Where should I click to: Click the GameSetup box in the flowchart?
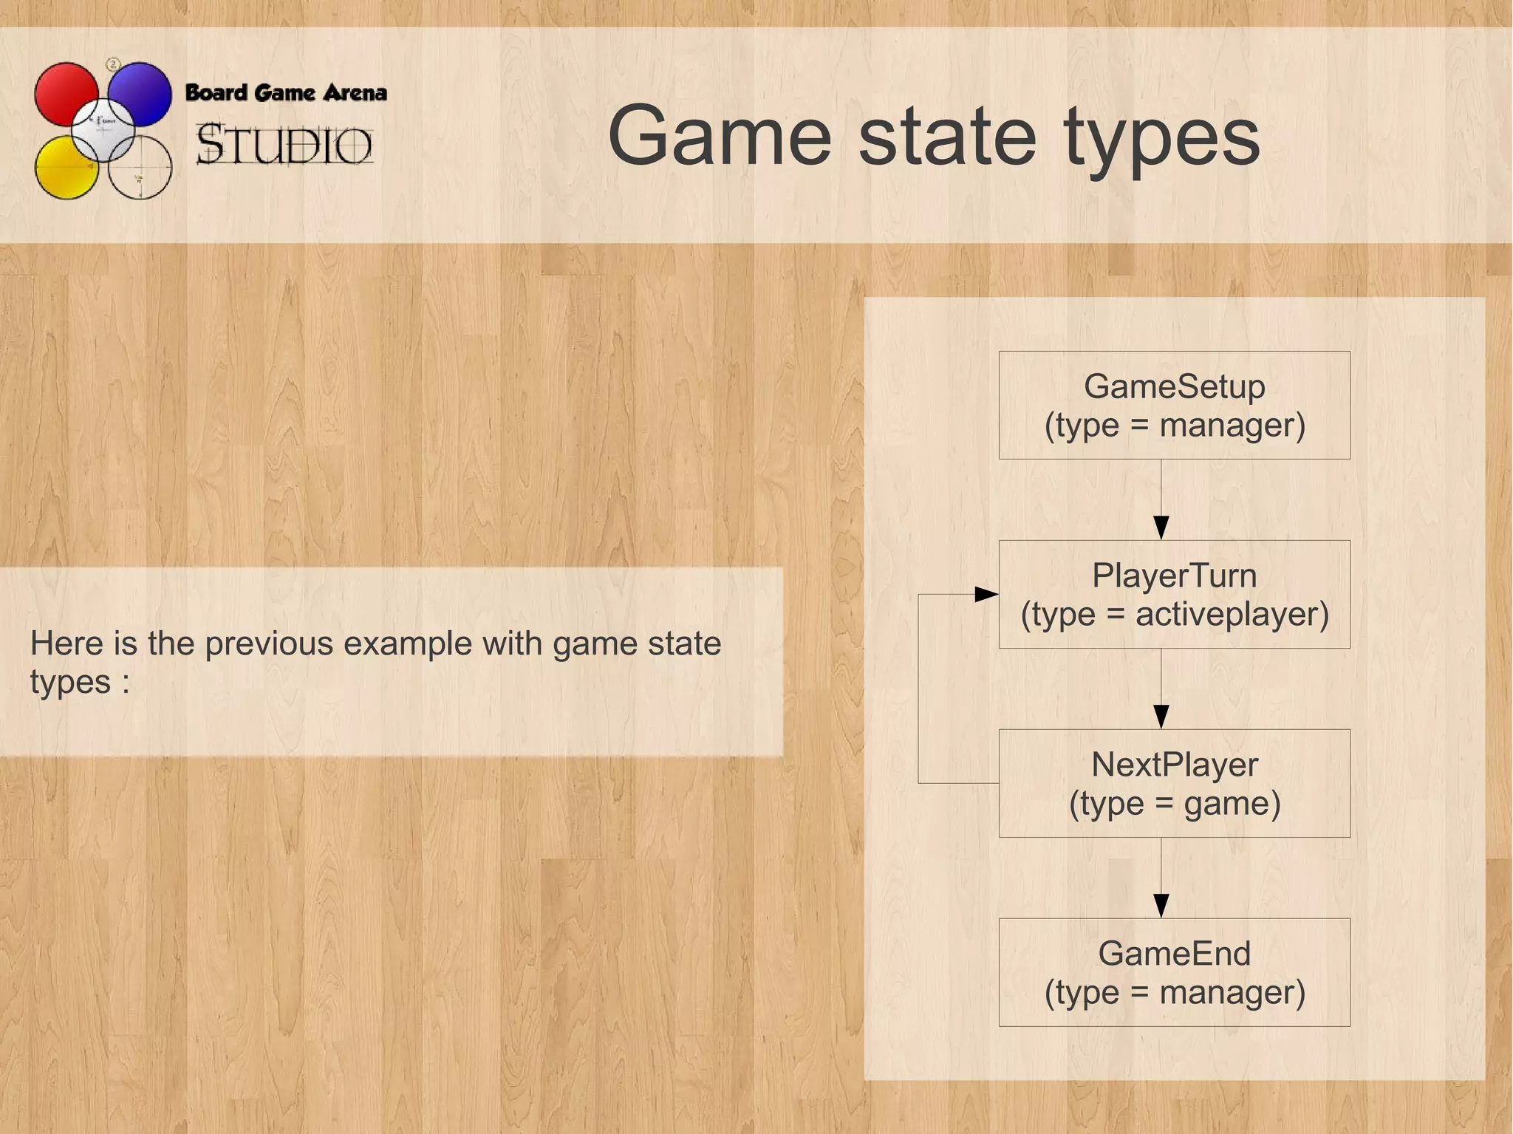point(1174,405)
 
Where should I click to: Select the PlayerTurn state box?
point(1174,594)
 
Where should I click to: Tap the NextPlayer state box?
point(1174,783)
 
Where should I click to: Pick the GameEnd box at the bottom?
point(1174,972)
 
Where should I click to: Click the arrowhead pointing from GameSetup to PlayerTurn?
point(1161,527)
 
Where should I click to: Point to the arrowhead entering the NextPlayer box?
point(1161,717)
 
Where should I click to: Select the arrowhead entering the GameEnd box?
point(1161,906)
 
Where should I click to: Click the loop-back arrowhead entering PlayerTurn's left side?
point(986,594)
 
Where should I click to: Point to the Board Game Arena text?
point(286,93)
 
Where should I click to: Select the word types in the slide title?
point(1161,137)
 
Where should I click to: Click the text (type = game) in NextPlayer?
point(1175,803)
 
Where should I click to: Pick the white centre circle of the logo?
point(103,129)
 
